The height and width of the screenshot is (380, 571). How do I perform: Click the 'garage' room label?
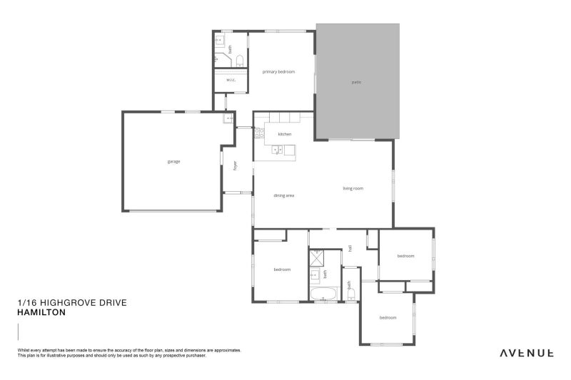[173, 161]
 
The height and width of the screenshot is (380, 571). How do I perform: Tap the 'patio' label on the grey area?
[356, 83]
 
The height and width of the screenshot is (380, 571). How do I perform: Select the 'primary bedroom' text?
[278, 71]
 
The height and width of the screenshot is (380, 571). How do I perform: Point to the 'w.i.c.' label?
[231, 80]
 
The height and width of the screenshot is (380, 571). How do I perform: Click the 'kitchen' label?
[285, 134]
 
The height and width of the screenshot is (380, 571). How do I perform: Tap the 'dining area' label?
[285, 195]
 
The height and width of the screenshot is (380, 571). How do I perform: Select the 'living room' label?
[353, 188]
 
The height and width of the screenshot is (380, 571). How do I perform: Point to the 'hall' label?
[350, 248]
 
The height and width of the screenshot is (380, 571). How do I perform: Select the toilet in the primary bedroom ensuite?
[241, 60]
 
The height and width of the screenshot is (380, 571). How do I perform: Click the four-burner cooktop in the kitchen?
[258, 133]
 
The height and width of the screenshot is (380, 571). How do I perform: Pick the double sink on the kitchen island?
[277, 150]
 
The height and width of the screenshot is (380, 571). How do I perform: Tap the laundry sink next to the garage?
[228, 119]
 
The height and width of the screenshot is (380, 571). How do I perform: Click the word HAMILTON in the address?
[41, 312]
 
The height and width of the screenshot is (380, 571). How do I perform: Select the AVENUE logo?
[526, 352]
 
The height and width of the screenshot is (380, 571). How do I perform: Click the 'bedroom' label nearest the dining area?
[282, 269]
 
